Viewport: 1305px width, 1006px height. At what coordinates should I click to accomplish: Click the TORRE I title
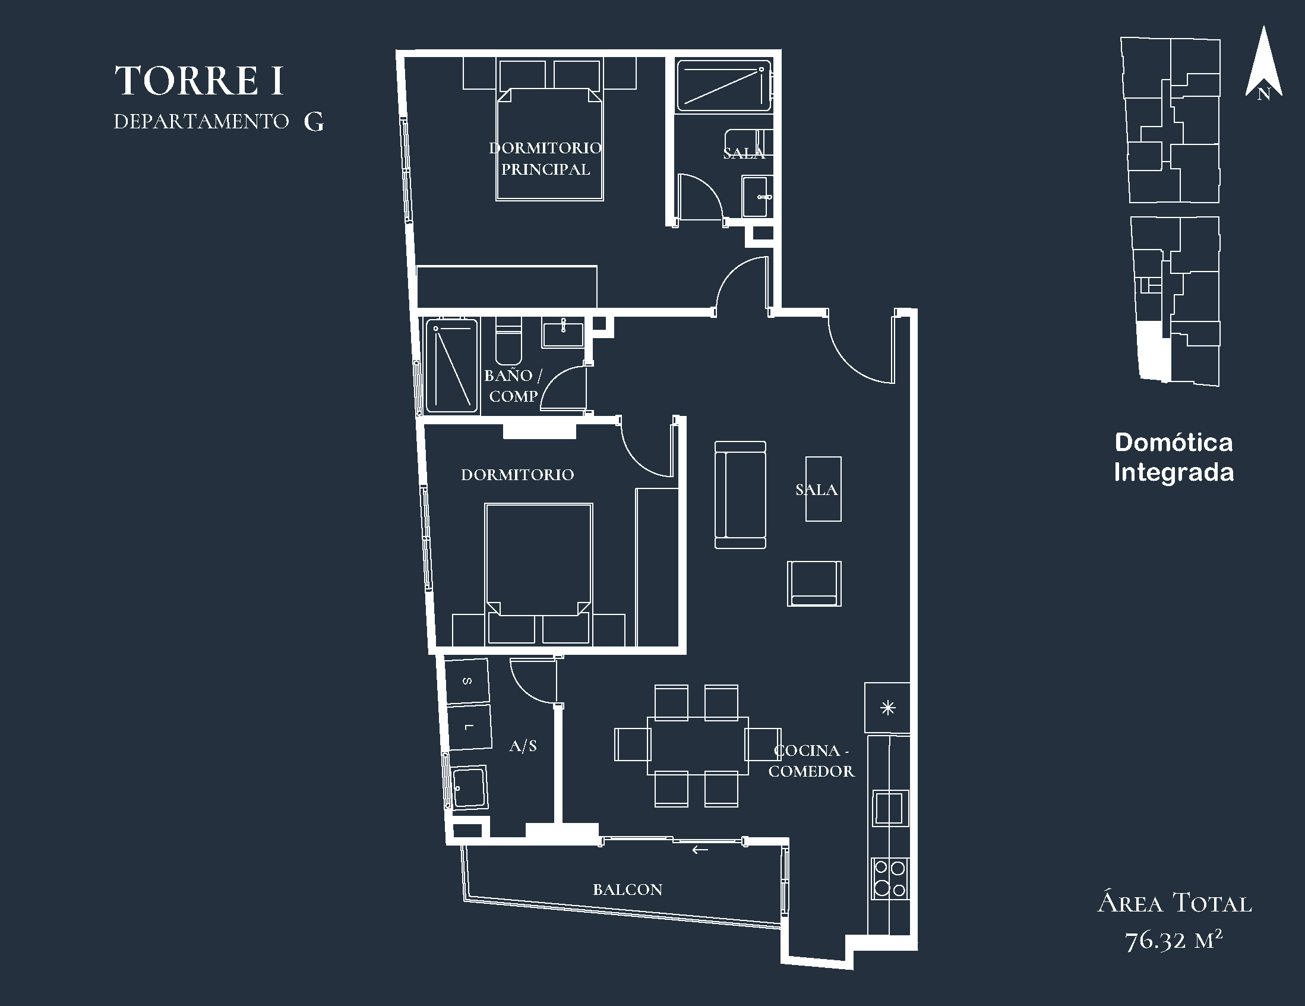(199, 81)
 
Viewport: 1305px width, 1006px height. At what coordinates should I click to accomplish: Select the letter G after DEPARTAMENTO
(314, 121)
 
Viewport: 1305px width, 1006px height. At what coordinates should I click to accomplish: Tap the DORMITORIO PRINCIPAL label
(545, 159)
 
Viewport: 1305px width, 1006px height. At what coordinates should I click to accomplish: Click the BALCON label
(627, 890)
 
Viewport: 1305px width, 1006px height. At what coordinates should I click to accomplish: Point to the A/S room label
(523, 745)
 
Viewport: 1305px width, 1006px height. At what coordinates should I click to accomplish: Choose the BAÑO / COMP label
(513, 386)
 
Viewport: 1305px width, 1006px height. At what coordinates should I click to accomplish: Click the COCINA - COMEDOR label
(811, 761)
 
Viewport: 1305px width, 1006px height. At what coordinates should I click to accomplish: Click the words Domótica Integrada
(1174, 458)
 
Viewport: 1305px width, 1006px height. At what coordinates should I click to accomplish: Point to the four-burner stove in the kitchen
(890, 878)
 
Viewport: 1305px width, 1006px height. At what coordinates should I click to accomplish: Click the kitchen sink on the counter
(890, 808)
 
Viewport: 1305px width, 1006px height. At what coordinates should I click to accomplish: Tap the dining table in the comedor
(697, 745)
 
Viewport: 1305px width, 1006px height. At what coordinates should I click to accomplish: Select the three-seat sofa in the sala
(740, 495)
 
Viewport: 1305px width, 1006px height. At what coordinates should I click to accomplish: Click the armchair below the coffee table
(814, 584)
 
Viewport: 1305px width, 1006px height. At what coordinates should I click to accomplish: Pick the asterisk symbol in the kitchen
(888, 708)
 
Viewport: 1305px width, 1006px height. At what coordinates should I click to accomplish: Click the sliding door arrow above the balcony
(700, 849)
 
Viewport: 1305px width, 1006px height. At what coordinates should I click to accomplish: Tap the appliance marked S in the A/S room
(468, 681)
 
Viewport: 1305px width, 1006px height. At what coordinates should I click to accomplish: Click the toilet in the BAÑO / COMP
(509, 340)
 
